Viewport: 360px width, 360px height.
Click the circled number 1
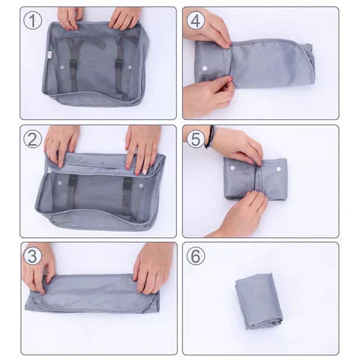click(32, 21)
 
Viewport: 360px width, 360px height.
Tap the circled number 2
click(32, 139)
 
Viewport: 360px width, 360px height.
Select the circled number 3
click(32, 256)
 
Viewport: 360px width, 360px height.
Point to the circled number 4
click(196, 21)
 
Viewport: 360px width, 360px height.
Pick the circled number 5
click(196, 139)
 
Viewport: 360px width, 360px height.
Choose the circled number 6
click(196, 256)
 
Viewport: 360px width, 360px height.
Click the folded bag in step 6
click(258, 300)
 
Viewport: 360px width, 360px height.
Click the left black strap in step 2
click(71, 191)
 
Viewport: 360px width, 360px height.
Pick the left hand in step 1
click(70, 16)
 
